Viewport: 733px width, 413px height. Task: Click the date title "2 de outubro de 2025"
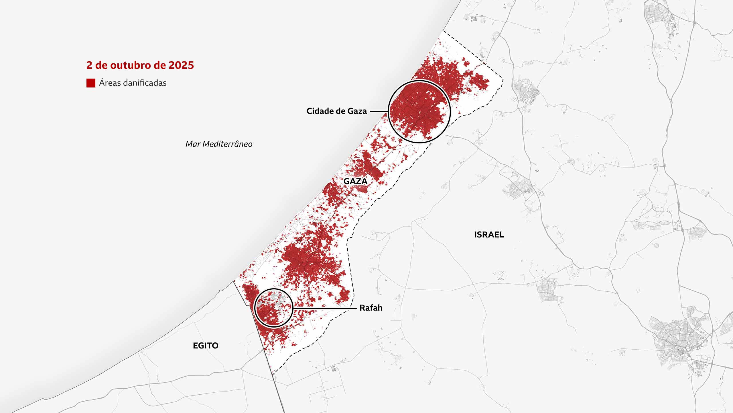tap(140, 65)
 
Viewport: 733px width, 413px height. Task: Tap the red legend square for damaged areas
tap(91, 83)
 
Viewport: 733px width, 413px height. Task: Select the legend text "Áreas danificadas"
tap(133, 83)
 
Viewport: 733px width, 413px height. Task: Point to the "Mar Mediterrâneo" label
tap(219, 144)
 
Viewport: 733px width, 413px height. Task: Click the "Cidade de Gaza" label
tap(336, 111)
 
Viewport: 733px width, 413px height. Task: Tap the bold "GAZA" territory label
tap(355, 181)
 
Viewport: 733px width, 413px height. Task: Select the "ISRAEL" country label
tap(489, 235)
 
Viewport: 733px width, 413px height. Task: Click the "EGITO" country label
tap(206, 346)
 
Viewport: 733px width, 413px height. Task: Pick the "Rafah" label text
tap(371, 308)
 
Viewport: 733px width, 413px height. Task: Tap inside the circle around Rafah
tap(273, 308)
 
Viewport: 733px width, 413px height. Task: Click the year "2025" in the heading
tap(181, 65)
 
